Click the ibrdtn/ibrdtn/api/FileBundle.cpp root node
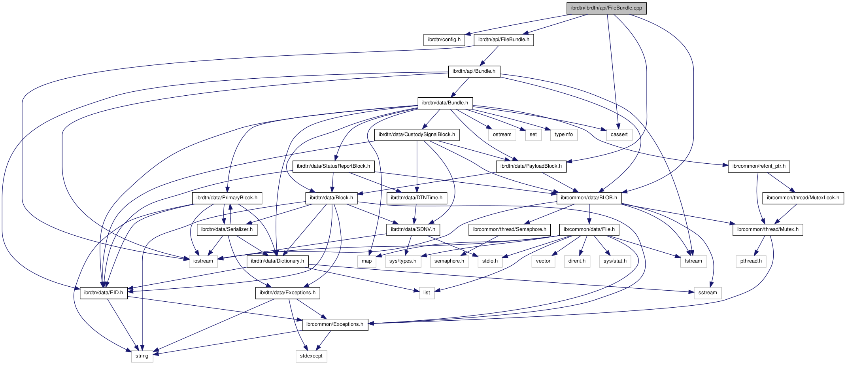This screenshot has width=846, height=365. pos(606,8)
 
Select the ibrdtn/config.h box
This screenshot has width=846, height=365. pos(444,40)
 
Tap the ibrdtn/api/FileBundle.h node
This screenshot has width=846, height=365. pos(504,40)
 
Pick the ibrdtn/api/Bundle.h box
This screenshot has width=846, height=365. pos(474,71)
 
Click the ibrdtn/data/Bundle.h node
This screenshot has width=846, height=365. pos(445,103)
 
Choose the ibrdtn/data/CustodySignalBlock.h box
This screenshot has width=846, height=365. pos(417,134)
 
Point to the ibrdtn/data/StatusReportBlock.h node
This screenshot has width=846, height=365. pos(333,166)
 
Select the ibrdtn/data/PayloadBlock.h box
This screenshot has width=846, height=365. pos(531,166)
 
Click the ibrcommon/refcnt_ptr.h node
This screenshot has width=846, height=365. pos(759,166)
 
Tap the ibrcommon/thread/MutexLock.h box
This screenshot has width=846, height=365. pos(803,198)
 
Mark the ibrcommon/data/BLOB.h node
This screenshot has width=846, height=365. pos(589,198)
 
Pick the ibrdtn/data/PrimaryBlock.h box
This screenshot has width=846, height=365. pos(227,198)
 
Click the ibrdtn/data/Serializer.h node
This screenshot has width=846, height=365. pos(227,229)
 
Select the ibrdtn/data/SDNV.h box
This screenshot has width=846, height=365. pos(413,229)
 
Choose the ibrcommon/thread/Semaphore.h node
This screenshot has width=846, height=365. pos(510,229)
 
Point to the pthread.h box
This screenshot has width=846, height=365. pos(751,261)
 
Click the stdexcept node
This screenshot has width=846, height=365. pos(311,356)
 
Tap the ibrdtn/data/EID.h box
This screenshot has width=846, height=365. pos(104,293)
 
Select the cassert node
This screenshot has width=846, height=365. pos(619,134)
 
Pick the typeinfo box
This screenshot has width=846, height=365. pos(563,134)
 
